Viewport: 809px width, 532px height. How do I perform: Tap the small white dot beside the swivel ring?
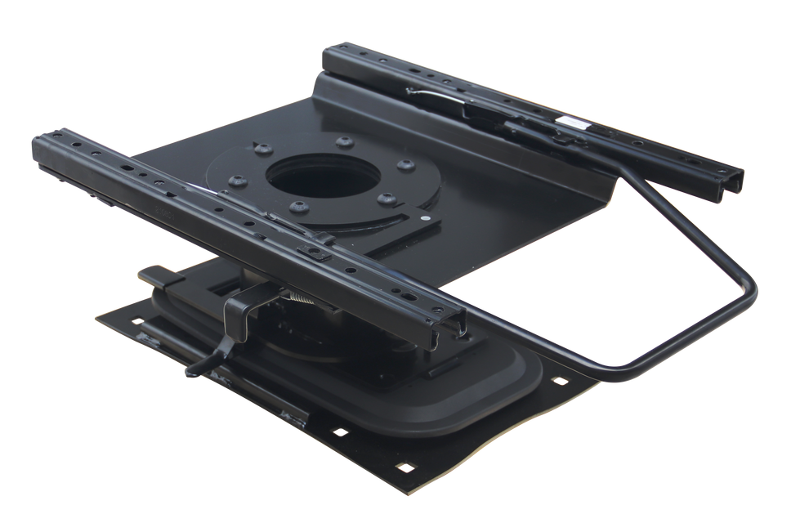[425, 218]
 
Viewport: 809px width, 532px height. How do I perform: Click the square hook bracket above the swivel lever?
[240, 310]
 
